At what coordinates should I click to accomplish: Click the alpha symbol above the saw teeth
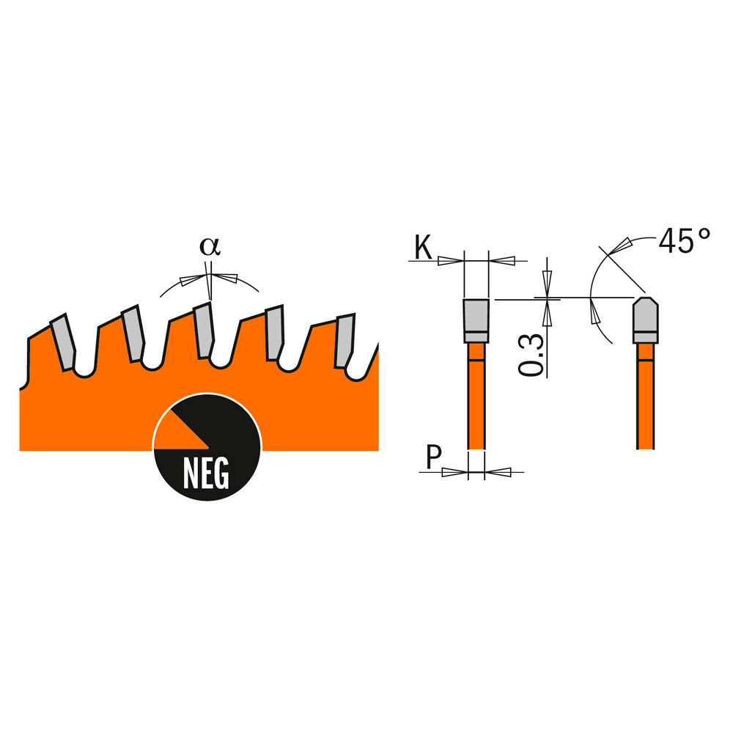point(210,246)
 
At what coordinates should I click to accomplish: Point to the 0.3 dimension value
point(531,355)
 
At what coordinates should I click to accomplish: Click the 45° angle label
point(685,240)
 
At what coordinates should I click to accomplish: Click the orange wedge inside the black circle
point(180,431)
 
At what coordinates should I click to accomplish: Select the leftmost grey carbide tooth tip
point(63,342)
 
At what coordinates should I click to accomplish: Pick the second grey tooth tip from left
point(133,333)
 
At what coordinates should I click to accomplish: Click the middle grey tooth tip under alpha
point(203,330)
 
